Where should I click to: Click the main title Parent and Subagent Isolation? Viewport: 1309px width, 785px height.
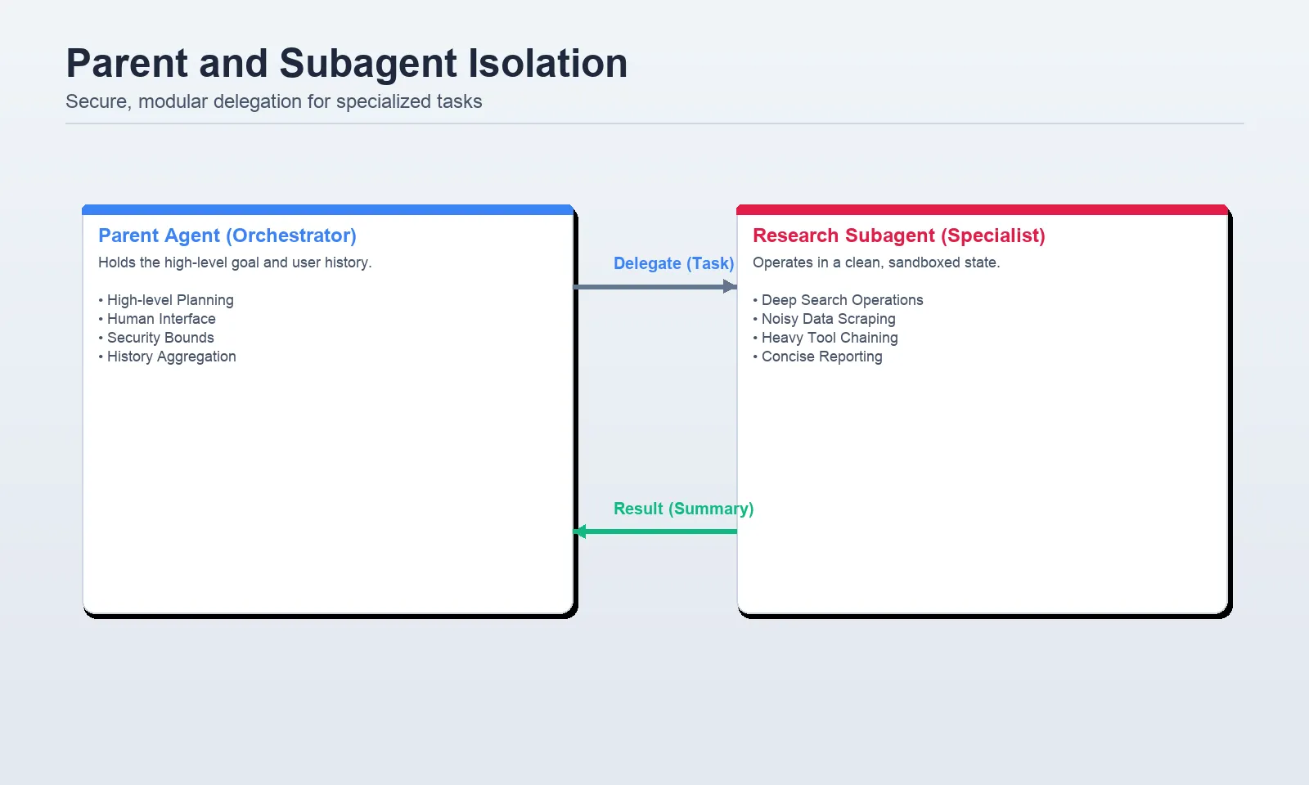[x=347, y=64]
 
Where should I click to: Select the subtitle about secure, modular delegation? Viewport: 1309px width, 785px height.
[x=274, y=101]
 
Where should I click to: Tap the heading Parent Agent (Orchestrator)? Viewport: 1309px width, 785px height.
[x=227, y=235]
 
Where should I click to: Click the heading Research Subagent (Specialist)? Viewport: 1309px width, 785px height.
[x=899, y=235]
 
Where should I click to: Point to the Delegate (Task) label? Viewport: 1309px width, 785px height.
[x=673, y=263]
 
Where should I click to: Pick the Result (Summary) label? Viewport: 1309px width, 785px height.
[x=683, y=509]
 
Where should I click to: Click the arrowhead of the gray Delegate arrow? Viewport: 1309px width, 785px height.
[x=730, y=286]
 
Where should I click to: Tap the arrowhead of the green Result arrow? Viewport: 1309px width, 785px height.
[x=580, y=532]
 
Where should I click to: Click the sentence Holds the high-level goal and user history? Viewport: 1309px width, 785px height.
[x=235, y=262]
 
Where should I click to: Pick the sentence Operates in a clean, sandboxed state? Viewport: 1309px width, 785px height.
[x=876, y=262]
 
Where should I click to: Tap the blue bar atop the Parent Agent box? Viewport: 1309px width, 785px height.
[x=327, y=210]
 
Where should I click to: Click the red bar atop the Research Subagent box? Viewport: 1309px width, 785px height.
[x=982, y=210]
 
